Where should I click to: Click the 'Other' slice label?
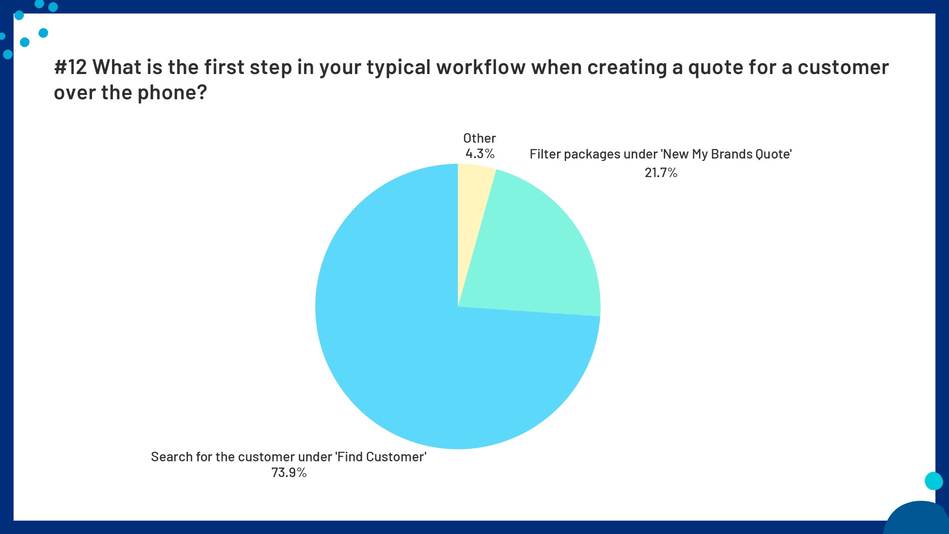pyautogui.click(x=479, y=138)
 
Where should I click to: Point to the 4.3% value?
pyautogui.click(x=480, y=154)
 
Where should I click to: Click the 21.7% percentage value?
pyautogui.click(x=661, y=173)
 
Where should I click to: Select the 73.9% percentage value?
pyautogui.click(x=288, y=473)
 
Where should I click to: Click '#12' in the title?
pyautogui.click(x=70, y=67)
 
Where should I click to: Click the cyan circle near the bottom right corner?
pyautogui.click(x=933, y=481)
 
